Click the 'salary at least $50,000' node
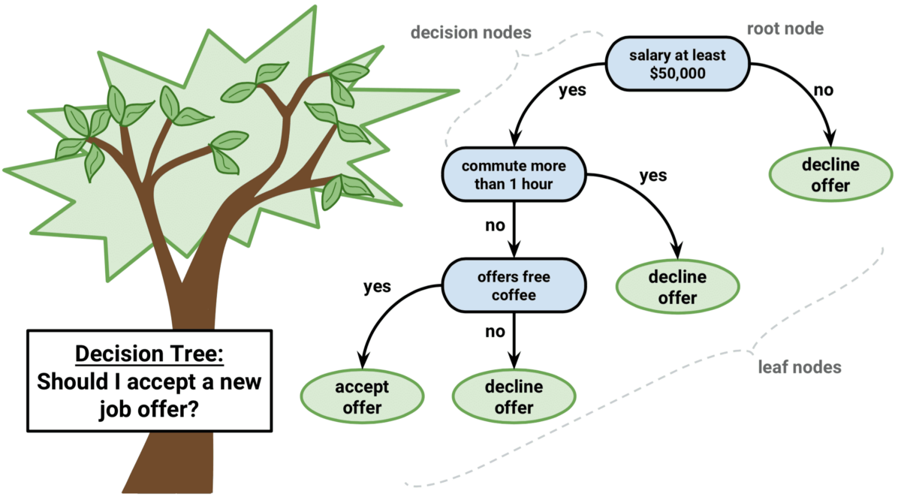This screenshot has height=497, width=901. coord(678,64)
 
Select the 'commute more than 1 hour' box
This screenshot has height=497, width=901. coord(513,175)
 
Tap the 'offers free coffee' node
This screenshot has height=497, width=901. coord(514,285)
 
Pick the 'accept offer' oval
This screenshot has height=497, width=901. coord(362,398)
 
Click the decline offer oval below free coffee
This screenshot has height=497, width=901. coord(514,398)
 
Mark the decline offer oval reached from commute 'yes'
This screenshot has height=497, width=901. coord(677,288)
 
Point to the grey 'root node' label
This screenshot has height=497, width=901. coord(785,29)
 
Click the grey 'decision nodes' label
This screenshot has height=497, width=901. coord(472,33)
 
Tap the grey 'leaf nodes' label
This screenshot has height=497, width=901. coord(799,368)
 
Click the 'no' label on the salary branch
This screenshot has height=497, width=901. coord(824,91)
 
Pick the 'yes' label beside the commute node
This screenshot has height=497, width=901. coord(652,176)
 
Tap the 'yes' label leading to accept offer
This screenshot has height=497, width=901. coord(378,287)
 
